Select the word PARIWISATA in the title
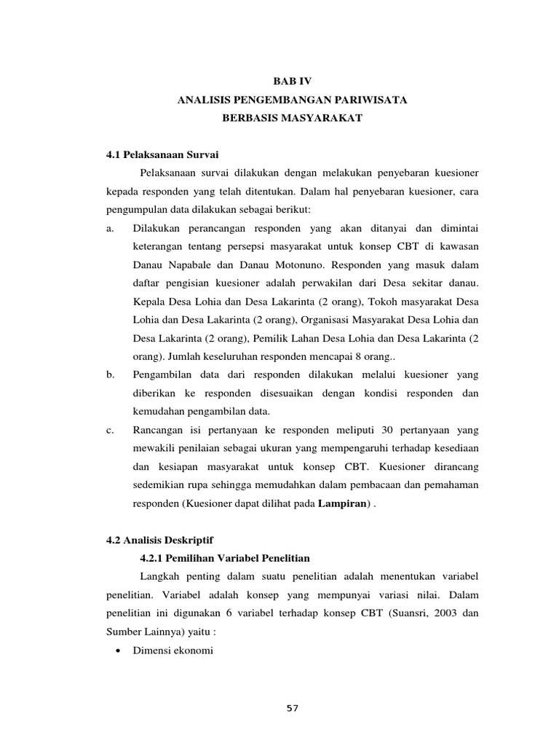pos(370,100)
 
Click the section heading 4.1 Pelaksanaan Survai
pos(162,154)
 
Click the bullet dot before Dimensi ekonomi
pos(117,650)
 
